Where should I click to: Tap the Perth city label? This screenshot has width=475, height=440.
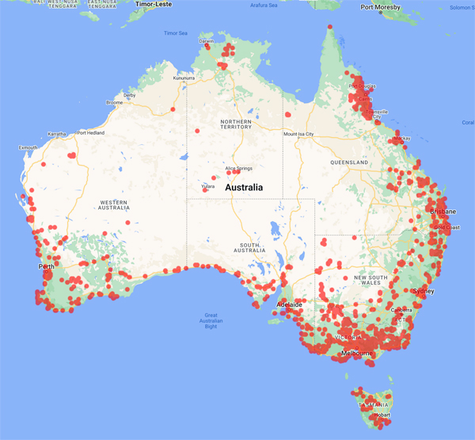tap(46, 266)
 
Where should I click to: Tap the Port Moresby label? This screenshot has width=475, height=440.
tap(379, 7)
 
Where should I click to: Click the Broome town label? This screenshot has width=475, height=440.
tap(114, 102)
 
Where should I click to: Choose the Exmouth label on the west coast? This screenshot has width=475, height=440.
tap(28, 147)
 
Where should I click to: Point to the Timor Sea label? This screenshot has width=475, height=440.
tap(175, 33)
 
